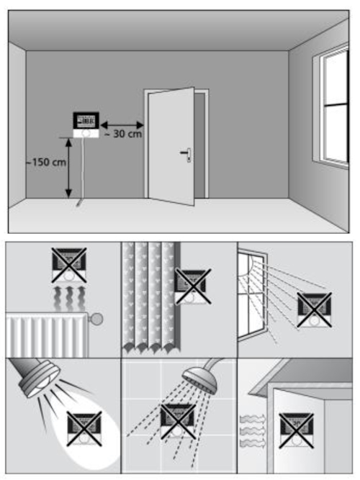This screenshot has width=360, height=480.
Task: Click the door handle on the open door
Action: pyautogui.click(x=186, y=154)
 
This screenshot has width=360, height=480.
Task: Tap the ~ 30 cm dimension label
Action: pyautogui.click(x=123, y=134)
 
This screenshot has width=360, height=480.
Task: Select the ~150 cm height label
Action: pyautogui.click(x=46, y=162)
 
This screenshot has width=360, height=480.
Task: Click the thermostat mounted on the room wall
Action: pyautogui.click(x=86, y=125)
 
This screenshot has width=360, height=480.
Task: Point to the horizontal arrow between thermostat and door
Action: pyautogui.click(x=122, y=125)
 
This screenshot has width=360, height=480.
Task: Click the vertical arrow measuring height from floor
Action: pyautogui.click(x=69, y=168)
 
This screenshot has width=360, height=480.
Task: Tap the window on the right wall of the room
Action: pyautogui.click(x=330, y=107)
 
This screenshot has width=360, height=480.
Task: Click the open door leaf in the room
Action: pyautogui.click(x=171, y=146)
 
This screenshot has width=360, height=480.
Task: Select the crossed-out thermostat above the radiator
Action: pyautogui.click(x=69, y=265)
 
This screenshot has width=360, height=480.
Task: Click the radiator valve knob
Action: pyautogui.click(x=96, y=319)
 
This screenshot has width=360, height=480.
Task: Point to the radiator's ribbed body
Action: pyautogui.click(x=47, y=335)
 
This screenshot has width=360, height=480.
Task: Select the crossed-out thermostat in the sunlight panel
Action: pyautogui.click(x=315, y=309)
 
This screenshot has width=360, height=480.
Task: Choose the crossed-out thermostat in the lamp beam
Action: pyautogui.click(x=84, y=429)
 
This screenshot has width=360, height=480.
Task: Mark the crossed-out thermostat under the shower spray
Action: pyautogui.click(x=178, y=422)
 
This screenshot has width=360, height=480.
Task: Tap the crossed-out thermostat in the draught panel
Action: pyautogui.click(x=296, y=430)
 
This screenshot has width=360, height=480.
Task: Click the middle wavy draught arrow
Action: pyautogui.click(x=253, y=431)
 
